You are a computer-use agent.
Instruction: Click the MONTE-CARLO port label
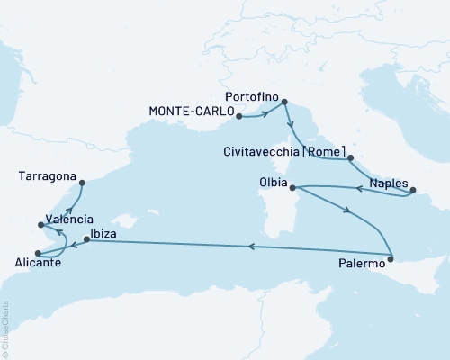189,112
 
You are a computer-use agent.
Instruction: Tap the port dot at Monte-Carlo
238,116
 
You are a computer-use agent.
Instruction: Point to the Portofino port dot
285,102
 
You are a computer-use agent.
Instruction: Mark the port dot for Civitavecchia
350,159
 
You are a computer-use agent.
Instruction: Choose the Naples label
387,179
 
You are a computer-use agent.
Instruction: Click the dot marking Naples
413,190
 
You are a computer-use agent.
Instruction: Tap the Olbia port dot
293,187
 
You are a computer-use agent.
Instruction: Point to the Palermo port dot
391,260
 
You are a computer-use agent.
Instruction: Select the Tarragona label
47,177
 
